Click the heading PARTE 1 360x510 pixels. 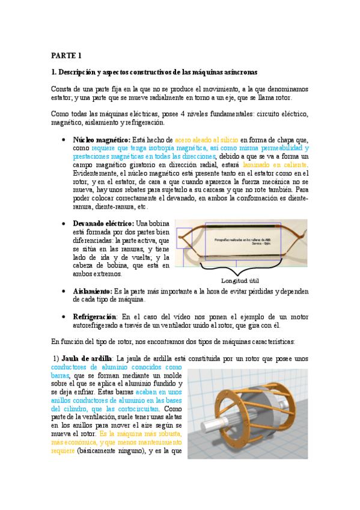coord(66,55)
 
